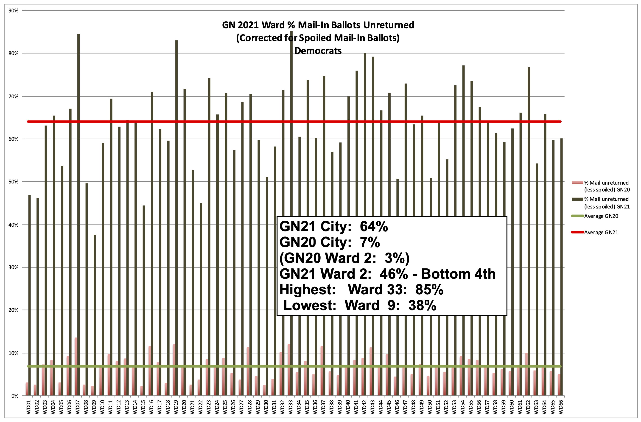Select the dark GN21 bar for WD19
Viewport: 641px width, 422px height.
pyautogui.click(x=176, y=216)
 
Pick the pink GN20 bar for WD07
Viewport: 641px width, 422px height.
pyautogui.click(x=76, y=366)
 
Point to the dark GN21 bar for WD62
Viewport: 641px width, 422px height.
pyautogui.click(x=529, y=229)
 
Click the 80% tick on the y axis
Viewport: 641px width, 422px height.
pyautogui.click(x=14, y=53)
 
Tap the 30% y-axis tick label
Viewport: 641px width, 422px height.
pyautogui.click(x=14, y=267)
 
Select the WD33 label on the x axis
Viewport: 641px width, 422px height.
pyautogui.click(x=290, y=407)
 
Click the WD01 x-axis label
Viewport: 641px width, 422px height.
pyautogui.click(x=28, y=407)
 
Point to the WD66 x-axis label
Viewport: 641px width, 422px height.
pyautogui.click(x=561, y=407)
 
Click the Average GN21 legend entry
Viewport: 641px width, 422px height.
pyautogui.click(x=601, y=232)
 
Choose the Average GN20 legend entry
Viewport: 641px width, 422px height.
pyautogui.click(x=601, y=216)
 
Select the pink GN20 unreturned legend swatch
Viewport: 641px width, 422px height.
pyautogui.click(x=577, y=183)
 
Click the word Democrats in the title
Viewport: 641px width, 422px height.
pyautogui.click(x=318, y=51)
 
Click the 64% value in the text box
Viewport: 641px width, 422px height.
pyautogui.click(x=374, y=226)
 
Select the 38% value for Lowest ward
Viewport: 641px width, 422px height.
pyautogui.click(x=422, y=305)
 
